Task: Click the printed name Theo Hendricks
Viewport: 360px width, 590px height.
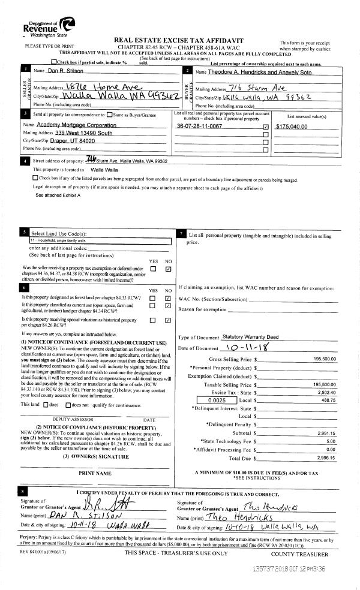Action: coord(233,517)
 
